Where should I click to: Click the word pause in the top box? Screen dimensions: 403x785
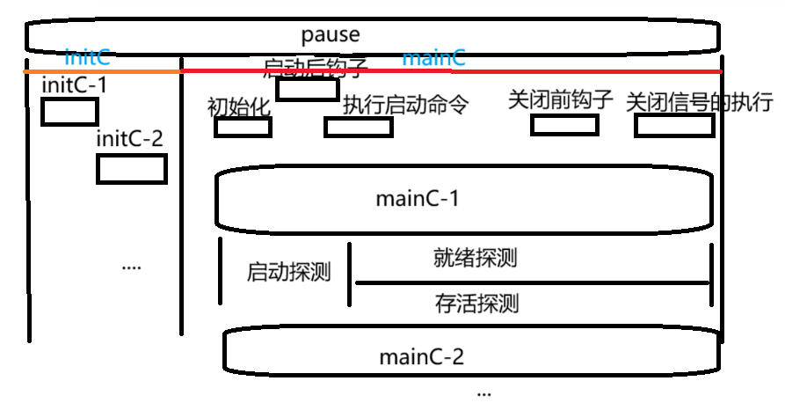click(331, 36)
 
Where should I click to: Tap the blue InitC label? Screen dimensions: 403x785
click(87, 59)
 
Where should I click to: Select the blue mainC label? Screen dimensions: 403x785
click(433, 60)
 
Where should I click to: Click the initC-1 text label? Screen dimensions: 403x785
click(75, 86)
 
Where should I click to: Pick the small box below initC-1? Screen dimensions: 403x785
click(69, 113)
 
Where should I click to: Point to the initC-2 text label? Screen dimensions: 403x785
click(129, 139)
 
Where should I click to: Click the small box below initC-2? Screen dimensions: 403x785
click(132, 168)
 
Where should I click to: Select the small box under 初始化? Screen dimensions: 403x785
click(243, 128)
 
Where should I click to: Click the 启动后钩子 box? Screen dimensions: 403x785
click(307, 89)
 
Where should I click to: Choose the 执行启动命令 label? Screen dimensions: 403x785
click(405, 105)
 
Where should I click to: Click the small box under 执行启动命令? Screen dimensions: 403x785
click(358, 128)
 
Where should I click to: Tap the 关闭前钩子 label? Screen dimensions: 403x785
click(560, 99)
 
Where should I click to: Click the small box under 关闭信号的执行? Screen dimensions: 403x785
click(674, 126)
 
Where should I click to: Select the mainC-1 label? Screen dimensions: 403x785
click(418, 198)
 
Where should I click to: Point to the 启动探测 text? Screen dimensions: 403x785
click(288, 272)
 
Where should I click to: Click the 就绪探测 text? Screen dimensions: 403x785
click(475, 258)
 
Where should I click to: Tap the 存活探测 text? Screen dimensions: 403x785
click(476, 304)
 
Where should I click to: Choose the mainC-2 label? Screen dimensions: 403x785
click(421, 357)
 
